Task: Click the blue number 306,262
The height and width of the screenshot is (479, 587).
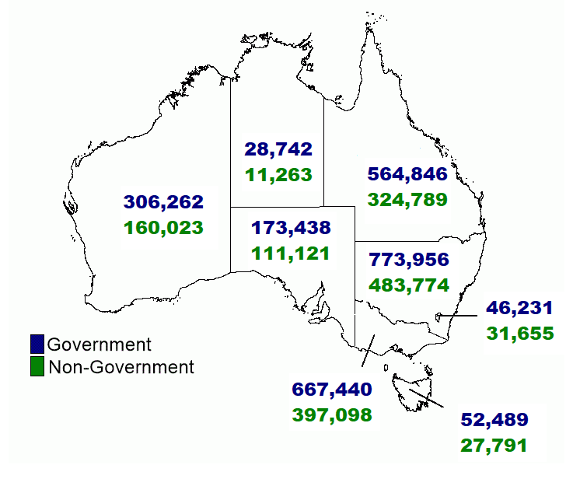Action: click(163, 202)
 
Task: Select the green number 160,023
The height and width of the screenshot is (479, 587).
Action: click(163, 228)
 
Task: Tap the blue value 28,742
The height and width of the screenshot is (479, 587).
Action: click(278, 149)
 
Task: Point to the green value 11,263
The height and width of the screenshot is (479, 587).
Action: click(278, 174)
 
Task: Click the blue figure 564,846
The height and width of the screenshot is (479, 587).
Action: click(407, 173)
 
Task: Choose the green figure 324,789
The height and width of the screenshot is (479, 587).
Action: click(407, 199)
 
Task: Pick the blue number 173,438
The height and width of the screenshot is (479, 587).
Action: click(291, 228)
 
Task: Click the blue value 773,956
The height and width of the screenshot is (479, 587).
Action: click(410, 260)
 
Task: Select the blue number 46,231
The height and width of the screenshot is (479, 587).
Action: click(520, 307)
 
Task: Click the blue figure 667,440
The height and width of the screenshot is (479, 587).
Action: click(332, 389)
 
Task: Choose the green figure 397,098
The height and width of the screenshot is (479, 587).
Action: click(332, 414)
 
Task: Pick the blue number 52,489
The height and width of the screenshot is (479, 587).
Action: click(494, 420)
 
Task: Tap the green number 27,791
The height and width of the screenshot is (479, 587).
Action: click(494, 446)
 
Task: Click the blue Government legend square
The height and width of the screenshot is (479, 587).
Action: click(37, 344)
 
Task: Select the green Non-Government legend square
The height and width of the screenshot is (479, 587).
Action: click(37, 366)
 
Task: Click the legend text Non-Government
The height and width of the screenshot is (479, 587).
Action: click(121, 367)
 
